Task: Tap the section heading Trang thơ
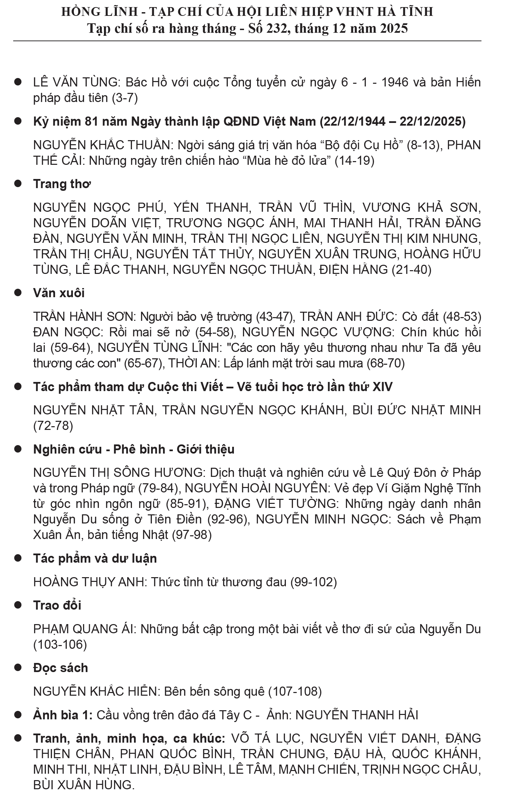[x=62, y=184]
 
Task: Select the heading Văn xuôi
[x=59, y=293]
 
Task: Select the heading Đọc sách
[x=60, y=668]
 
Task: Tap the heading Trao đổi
[x=57, y=605]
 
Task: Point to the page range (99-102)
[x=314, y=582]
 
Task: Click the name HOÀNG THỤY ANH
[x=89, y=582]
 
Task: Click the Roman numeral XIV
[x=382, y=387]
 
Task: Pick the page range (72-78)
[x=53, y=426]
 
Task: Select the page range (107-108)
[x=295, y=691]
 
